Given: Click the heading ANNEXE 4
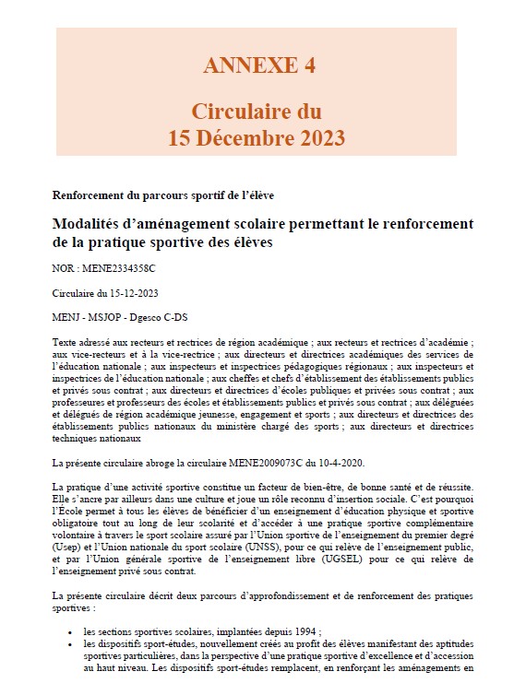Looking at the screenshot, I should (257, 65).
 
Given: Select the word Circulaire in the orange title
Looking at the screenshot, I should (242, 112).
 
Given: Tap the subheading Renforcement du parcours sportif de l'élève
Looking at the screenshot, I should (163, 195).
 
